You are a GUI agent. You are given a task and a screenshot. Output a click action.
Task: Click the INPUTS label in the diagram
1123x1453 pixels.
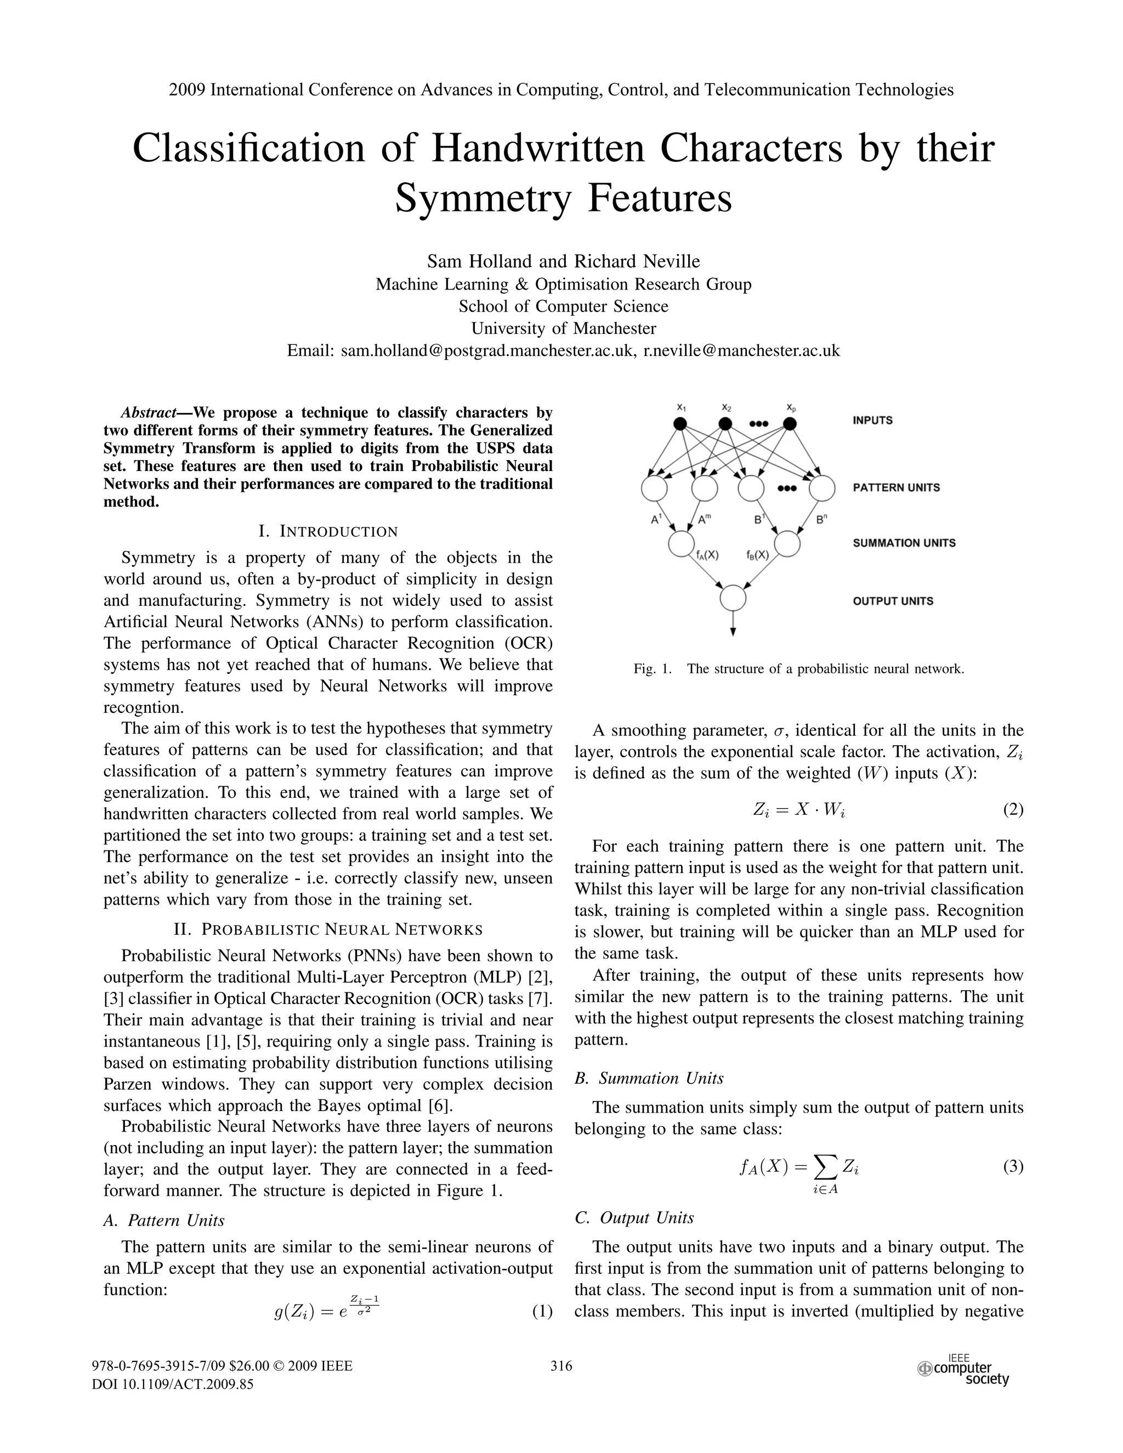(873, 421)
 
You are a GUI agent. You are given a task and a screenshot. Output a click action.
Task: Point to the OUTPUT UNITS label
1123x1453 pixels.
(893, 601)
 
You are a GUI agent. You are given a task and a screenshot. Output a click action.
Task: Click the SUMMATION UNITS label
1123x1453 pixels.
(904, 543)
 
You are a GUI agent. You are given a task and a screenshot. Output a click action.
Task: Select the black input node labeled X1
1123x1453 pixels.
(680, 424)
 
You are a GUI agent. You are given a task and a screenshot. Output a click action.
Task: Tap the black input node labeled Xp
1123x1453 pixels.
(789, 424)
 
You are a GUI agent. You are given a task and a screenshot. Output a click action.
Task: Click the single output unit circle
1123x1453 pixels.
(733, 598)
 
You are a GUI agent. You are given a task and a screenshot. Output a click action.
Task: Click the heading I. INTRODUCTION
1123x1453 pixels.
(328, 531)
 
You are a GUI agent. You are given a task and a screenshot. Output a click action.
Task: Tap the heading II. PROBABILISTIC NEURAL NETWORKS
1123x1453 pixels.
(328, 929)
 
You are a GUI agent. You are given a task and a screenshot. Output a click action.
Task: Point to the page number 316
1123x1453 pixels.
(561, 1366)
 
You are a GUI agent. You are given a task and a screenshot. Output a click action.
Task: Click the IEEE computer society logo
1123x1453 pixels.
(964, 1370)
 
